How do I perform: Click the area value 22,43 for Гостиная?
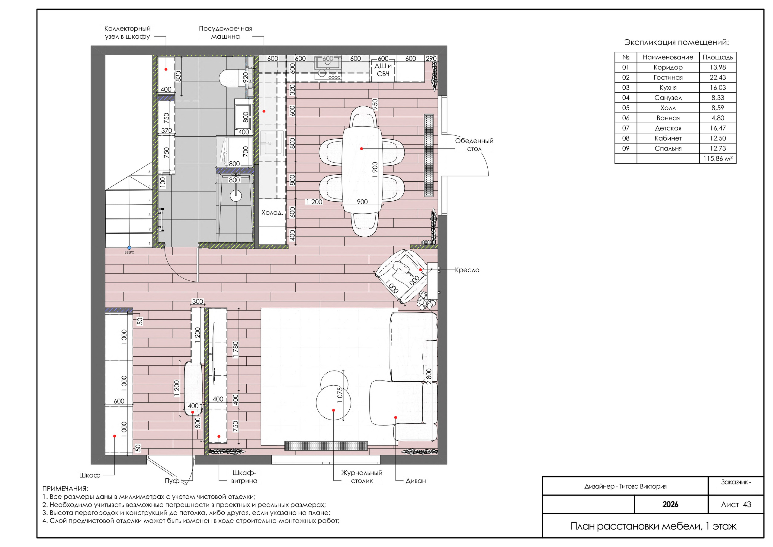tap(717, 78)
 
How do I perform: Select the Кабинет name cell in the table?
tap(668, 138)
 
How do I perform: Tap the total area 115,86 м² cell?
tap(718, 158)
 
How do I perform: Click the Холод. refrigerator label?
tap(272, 213)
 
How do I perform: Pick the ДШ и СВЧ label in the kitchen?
tap(383, 70)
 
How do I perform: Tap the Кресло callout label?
tap(467, 270)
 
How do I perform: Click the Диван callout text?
tap(415, 481)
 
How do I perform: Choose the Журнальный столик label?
tap(362, 477)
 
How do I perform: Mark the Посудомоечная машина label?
tap(225, 32)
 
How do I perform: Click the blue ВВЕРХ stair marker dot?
tap(129, 248)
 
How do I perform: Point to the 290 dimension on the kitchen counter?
tap(431, 58)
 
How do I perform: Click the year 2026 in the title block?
tap(670, 504)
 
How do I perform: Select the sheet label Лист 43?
tap(736, 504)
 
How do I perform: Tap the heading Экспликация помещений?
tap(676, 43)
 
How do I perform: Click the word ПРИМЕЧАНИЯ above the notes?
tap(65, 489)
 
